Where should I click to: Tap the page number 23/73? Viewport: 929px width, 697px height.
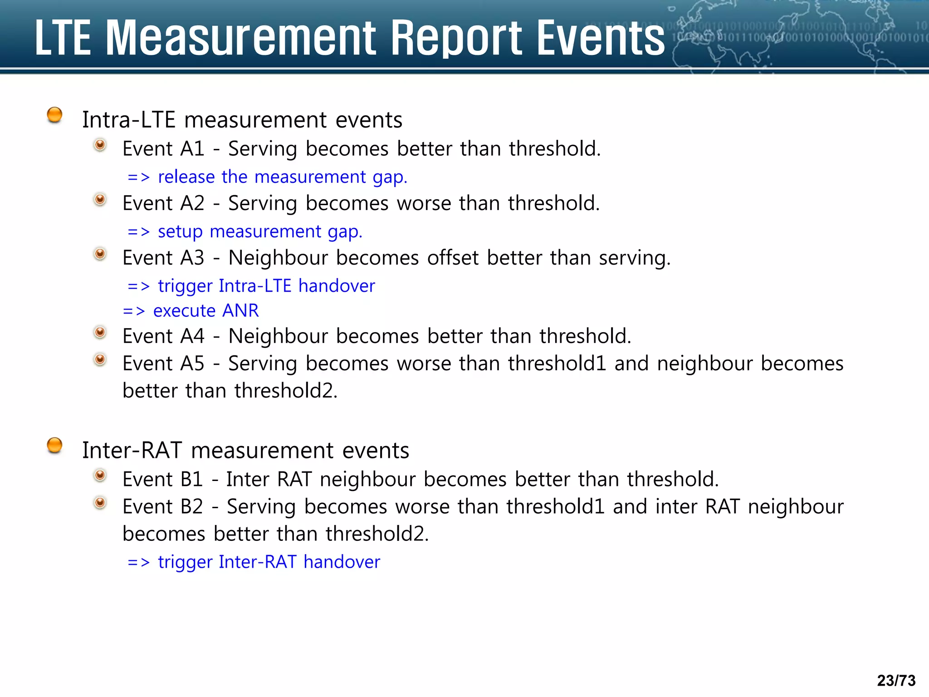pyautogui.click(x=896, y=680)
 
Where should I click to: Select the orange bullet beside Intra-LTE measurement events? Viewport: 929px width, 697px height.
pyautogui.click(x=54, y=115)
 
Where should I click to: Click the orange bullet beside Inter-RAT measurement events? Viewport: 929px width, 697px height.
pyautogui.click(x=54, y=445)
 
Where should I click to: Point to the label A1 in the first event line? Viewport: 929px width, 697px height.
pyautogui.click(x=192, y=149)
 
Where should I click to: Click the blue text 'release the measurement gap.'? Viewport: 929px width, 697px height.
pyautogui.click(x=282, y=177)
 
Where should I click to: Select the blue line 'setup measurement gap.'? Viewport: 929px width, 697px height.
pyautogui.click(x=260, y=232)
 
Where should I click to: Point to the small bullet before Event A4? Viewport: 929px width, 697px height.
pyautogui.click(x=100, y=333)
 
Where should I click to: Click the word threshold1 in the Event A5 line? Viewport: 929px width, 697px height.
pyautogui.click(x=557, y=363)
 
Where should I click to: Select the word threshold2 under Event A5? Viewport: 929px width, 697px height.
pyautogui.click(x=286, y=391)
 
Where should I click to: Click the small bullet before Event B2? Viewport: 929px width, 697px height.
pyautogui.click(x=100, y=503)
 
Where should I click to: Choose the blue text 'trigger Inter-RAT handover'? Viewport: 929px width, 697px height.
pyautogui.click(x=269, y=562)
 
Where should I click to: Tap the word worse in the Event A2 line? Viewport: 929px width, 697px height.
pyautogui.click(x=424, y=203)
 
